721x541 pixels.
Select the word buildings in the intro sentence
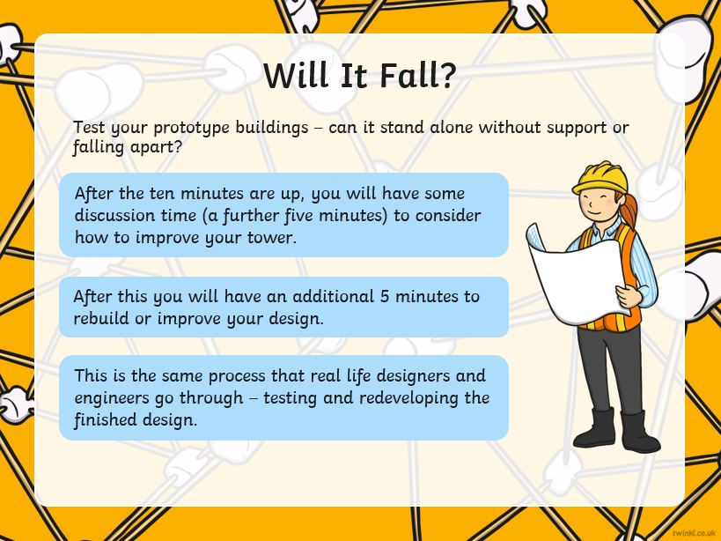[272, 129]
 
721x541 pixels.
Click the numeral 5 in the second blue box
[385, 296]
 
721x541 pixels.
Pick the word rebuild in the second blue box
[101, 318]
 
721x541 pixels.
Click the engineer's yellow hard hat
[600, 177]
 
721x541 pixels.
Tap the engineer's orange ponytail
[629, 210]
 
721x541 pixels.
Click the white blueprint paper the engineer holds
[578, 275]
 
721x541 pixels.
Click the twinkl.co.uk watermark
[694, 533]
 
